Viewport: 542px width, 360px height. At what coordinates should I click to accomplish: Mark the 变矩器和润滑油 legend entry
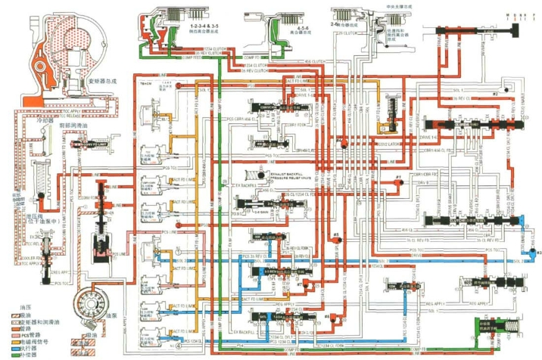pyautogui.click(x=38, y=321)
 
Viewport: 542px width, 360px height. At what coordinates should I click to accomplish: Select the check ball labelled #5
pyautogui.click(x=335, y=242)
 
